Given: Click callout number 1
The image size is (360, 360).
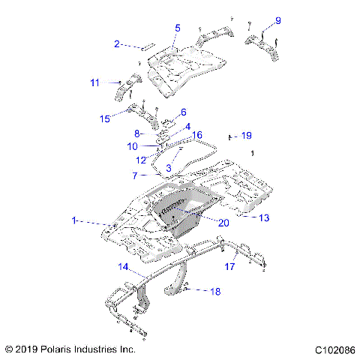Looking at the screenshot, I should pos(73,221).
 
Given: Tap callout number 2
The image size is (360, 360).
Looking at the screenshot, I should pos(117,44).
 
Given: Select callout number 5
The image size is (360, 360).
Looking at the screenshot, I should pos(178,28).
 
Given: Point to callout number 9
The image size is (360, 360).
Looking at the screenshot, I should pos(277,20).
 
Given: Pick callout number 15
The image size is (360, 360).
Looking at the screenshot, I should pos(106,118).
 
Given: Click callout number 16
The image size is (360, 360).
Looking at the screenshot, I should pos(198,135).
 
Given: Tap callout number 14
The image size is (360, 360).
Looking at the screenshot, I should pos(123,266).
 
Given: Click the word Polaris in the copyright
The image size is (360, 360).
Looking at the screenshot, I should pos(60,349).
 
